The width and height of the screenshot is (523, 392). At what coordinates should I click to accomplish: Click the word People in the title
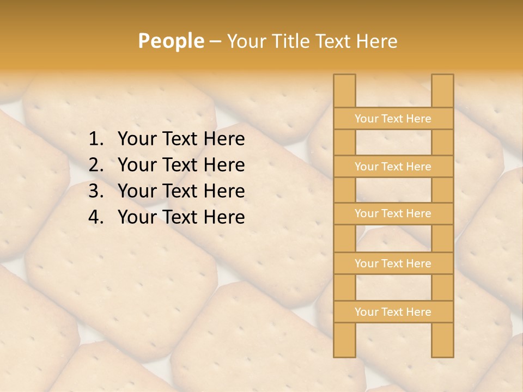point(171,41)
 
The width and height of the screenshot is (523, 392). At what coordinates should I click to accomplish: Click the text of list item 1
point(181,139)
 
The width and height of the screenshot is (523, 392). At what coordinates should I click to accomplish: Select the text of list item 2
point(181,165)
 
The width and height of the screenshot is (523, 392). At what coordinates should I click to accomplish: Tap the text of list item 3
point(181,191)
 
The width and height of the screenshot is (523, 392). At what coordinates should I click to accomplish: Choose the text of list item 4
point(181,217)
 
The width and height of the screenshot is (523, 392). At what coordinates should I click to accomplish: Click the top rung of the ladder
point(393,119)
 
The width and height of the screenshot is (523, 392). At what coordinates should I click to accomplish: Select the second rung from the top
point(393,167)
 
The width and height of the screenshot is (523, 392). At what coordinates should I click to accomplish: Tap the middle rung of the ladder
point(393,213)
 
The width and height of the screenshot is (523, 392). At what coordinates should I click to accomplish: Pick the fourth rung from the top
point(393,264)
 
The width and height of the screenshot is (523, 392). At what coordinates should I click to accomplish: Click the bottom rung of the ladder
point(393,312)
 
